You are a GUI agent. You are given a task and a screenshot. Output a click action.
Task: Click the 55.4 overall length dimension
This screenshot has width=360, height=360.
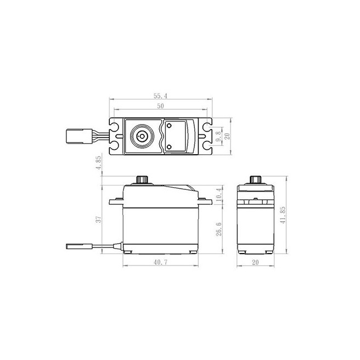tap(160, 95)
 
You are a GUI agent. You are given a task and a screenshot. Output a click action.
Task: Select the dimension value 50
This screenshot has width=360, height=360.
tap(160, 106)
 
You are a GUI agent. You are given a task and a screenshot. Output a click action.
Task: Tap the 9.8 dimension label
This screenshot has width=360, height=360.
tap(218, 136)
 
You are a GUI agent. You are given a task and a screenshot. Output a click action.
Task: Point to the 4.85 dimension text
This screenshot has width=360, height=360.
tap(98, 162)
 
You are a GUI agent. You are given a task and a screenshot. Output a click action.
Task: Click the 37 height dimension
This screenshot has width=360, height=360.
tap(98, 220)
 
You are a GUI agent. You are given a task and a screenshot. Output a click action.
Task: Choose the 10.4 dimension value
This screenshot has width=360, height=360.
tap(219, 194)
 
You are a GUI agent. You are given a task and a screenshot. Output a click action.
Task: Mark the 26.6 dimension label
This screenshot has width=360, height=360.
tap(219, 229)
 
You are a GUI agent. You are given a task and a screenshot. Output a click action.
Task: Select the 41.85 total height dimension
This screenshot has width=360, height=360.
tap(283, 215)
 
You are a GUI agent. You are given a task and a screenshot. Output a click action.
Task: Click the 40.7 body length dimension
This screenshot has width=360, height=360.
tap(161, 262)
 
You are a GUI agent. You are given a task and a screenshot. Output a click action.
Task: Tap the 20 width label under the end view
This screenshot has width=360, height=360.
tap(255, 262)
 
